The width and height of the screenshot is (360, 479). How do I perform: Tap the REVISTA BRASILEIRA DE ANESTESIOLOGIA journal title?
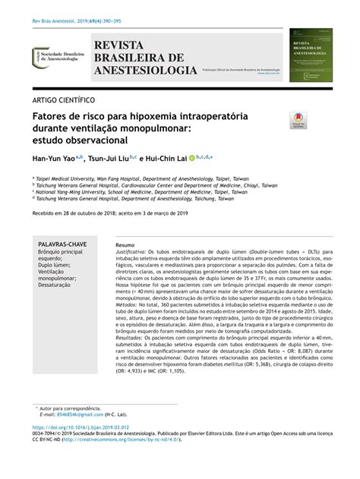(x=141, y=58)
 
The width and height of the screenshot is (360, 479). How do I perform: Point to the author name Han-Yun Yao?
(x=54, y=161)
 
